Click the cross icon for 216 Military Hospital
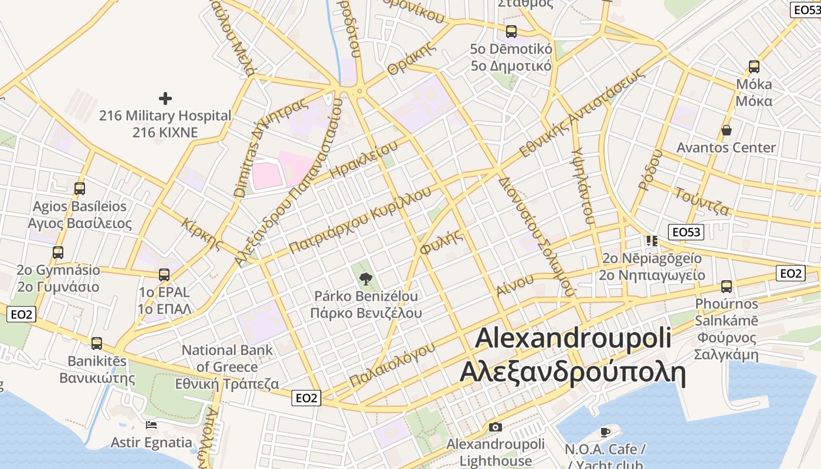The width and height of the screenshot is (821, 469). tap(165, 98)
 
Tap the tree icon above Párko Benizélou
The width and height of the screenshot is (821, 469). tap(366, 278)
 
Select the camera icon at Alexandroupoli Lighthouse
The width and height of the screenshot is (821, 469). tap(496, 427)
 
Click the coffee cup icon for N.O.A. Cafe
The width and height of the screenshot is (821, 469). tap(605, 432)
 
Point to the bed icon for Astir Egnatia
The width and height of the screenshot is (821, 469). tap(151, 424)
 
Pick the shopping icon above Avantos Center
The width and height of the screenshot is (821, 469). tap(727, 130)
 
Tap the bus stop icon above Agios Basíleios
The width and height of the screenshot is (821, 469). tap(80, 189)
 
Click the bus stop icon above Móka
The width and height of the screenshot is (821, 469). tap(754, 67)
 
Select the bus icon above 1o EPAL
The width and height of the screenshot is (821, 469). tap(164, 274)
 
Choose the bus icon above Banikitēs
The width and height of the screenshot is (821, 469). tap(97, 343)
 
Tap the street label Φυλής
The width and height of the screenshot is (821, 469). tap(441, 242)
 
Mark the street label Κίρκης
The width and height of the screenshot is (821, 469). tap(203, 234)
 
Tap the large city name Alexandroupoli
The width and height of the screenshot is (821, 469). tap(574, 339)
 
